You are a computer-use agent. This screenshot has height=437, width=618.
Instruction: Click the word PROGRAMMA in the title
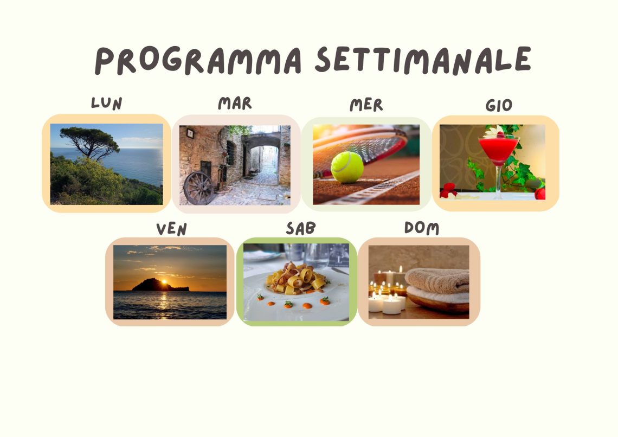[198, 60]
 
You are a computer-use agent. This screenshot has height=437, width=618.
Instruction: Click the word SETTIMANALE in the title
[423, 60]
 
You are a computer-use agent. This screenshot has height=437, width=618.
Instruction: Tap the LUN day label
[106, 103]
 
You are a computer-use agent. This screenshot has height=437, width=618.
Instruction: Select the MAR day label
[235, 103]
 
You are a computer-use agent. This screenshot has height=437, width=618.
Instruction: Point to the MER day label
[366, 105]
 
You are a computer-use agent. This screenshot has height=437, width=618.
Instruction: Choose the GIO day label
[499, 105]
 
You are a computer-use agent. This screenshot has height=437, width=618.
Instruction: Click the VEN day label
[171, 229]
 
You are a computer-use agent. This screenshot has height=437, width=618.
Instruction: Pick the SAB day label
[301, 228]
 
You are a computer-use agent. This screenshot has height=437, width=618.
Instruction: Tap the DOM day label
[422, 228]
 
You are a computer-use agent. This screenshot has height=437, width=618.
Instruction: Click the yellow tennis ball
[347, 167]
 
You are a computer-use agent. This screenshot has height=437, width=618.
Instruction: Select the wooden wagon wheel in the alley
[198, 188]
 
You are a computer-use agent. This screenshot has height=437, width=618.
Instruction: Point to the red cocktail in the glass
[499, 149]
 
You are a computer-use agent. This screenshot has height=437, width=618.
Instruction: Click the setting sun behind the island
[164, 282]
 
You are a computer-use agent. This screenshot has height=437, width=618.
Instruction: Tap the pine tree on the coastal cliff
[91, 142]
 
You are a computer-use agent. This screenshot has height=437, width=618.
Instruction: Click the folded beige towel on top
[437, 280]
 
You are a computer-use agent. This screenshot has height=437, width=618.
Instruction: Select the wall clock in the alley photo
[190, 133]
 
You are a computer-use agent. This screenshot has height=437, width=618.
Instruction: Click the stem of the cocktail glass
[499, 179]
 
